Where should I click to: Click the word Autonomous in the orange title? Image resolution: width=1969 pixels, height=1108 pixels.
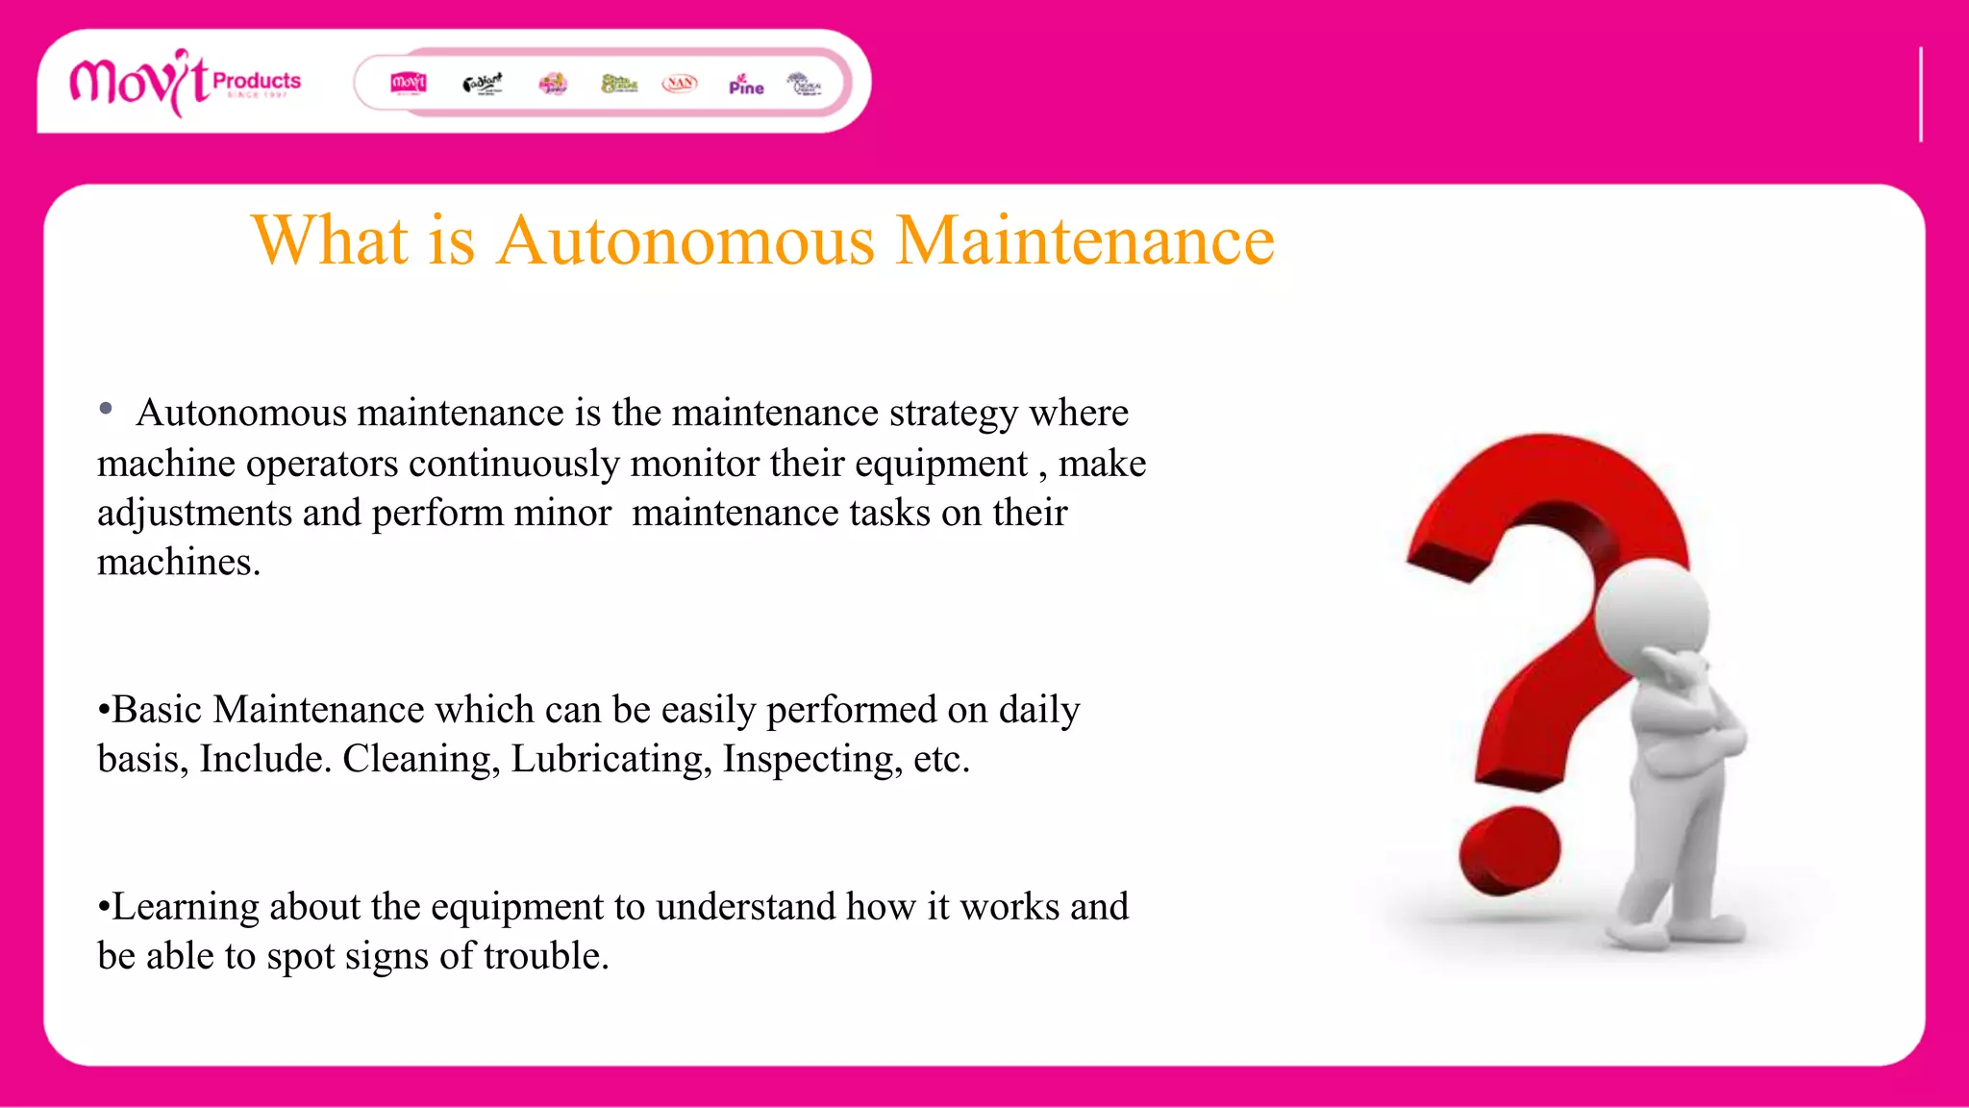click(x=685, y=240)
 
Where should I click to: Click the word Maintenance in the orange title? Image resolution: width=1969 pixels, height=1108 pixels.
click(x=1084, y=240)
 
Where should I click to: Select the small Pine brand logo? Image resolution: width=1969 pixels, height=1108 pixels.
click(x=746, y=85)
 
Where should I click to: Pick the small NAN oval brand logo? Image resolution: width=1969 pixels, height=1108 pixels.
click(x=680, y=84)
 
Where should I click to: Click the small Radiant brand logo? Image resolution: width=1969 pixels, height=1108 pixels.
click(x=482, y=84)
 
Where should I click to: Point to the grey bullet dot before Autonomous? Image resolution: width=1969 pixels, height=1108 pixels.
click(x=106, y=410)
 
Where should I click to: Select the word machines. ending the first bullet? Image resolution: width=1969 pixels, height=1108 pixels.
click(x=179, y=563)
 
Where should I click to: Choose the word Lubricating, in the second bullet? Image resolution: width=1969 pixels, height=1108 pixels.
click(x=611, y=760)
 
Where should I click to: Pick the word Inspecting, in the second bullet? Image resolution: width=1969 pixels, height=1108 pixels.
click(x=812, y=760)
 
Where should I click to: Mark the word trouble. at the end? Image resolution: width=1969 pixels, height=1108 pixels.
click(x=546, y=957)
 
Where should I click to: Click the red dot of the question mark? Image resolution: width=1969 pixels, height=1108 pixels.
click(x=1509, y=851)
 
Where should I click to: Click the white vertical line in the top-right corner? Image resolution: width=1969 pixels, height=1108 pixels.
click(x=1920, y=94)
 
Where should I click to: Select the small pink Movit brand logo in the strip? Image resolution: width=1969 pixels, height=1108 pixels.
click(x=409, y=84)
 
